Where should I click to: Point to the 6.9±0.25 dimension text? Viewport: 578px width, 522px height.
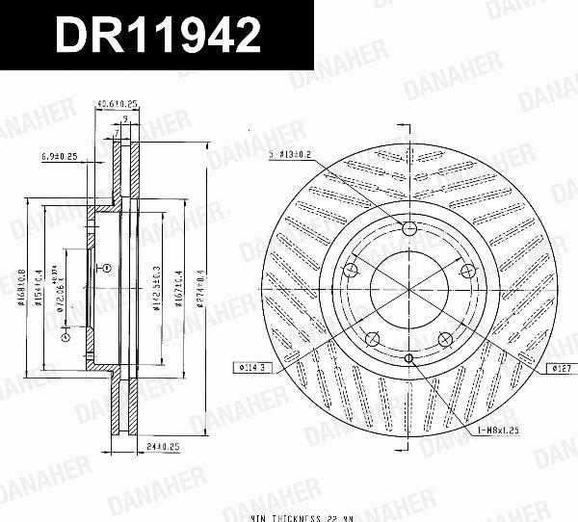click(60, 155)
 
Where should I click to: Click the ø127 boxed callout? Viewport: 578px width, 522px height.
click(560, 368)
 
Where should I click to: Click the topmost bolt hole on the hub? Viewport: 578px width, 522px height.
click(408, 228)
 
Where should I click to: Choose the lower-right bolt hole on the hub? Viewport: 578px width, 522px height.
click(444, 338)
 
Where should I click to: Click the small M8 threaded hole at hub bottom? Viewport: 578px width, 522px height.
click(408, 358)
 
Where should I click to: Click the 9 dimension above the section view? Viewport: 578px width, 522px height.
click(125, 118)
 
